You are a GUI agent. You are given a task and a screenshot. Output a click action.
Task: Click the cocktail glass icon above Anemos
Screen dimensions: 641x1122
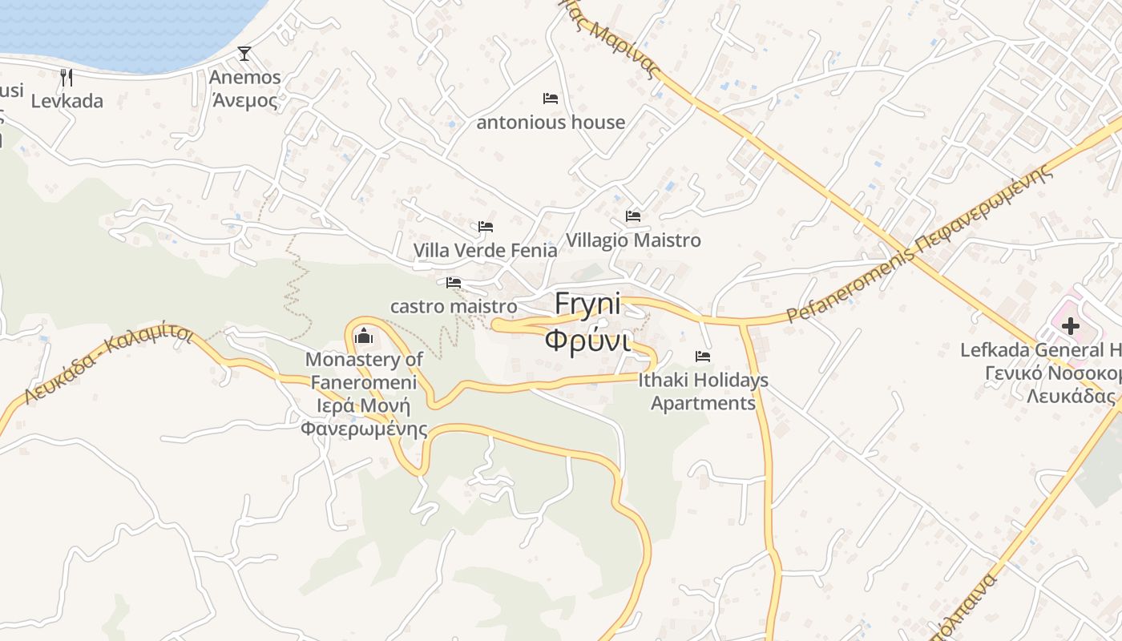tap(244, 54)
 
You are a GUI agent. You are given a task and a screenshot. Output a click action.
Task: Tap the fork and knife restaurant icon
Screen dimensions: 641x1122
tap(67, 77)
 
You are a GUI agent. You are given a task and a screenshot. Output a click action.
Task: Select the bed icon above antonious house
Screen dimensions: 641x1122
tap(551, 99)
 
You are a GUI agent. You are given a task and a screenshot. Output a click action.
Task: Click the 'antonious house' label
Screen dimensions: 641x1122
tap(551, 123)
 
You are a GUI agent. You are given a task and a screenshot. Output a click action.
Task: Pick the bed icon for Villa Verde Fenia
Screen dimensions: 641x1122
tap(486, 227)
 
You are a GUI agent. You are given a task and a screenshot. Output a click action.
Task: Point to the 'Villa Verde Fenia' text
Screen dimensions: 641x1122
tap(485, 250)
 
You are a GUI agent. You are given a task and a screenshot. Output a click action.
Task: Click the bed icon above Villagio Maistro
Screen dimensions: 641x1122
tap(633, 216)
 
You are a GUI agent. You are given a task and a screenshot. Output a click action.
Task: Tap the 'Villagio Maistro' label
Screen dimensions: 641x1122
tap(633, 240)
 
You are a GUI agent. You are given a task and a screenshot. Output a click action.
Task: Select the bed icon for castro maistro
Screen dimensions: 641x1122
tap(454, 283)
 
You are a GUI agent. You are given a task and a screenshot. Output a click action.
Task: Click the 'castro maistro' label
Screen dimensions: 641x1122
tap(454, 306)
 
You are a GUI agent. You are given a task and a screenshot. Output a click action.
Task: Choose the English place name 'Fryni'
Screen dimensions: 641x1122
tap(587, 304)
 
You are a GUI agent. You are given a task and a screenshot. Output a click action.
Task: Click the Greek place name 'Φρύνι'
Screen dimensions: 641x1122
tap(587, 340)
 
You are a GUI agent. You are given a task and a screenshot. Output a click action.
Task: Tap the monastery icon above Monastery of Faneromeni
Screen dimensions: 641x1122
tap(364, 335)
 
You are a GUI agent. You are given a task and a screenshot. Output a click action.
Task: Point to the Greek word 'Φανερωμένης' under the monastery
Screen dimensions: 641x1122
tap(364, 429)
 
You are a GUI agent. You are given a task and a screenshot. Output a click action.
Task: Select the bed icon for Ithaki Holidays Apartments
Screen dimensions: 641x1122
tap(703, 356)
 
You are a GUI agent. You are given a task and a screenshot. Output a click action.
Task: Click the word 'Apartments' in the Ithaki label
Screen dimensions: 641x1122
tap(703, 403)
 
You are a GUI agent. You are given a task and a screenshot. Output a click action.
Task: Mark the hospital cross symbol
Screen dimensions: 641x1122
tap(1071, 326)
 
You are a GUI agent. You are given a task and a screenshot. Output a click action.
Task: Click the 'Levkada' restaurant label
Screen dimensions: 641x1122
tap(67, 101)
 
